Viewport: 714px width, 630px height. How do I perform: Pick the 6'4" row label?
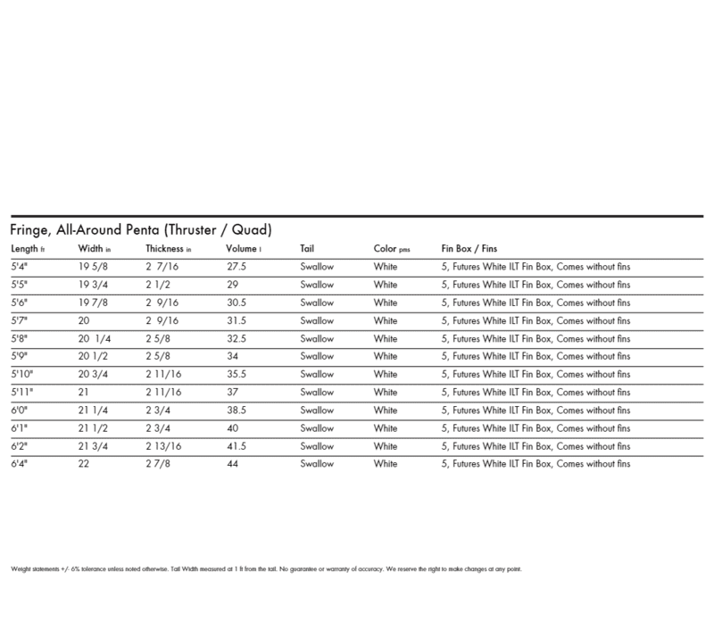[x=19, y=464]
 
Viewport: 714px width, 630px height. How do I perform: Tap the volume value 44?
[x=235, y=464]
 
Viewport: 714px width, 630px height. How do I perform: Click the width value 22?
[x=86, y=464]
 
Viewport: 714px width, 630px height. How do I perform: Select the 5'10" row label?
[x=21, y=375]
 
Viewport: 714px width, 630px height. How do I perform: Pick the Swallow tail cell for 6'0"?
[x=317, y=410]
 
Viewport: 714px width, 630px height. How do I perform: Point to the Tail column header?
[x=306, y=249]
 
